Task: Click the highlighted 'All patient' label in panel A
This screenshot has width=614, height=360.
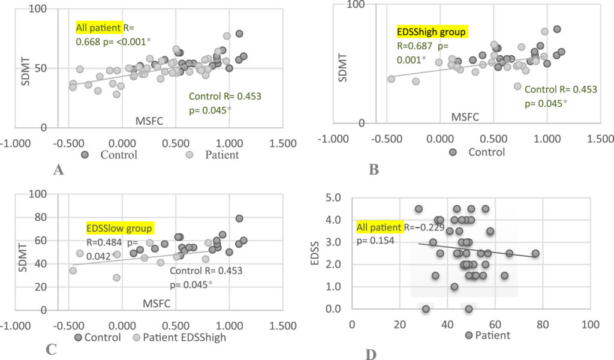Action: coord(99,28)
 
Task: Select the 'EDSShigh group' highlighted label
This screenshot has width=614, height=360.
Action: coord(431,32)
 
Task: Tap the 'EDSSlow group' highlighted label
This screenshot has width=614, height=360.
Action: coord(119,228)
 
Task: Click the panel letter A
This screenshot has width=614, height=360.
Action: coord(58,170)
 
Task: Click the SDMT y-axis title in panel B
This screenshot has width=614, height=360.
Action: coord(342,68)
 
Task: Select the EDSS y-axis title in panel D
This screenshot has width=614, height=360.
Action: coord(314,253)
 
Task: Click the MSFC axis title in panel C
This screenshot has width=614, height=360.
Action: coord(156,303)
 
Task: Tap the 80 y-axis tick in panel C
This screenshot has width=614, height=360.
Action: coord(39,217)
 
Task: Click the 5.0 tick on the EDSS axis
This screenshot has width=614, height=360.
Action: coord(333,197)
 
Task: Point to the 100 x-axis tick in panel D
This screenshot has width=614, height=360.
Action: coord(590,325)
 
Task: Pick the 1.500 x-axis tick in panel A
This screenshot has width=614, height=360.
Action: coord(283,143)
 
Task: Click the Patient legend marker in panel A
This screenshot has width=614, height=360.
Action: coord(189,155)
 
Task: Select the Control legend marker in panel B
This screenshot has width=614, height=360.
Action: coord(453,152)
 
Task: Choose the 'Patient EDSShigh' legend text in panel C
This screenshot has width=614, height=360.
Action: coord(185,337)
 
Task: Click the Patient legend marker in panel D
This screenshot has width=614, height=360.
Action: coord(469,335)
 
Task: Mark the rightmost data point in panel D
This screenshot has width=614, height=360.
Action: coord(535,253)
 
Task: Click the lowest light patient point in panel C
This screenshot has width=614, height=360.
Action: coord(116,278)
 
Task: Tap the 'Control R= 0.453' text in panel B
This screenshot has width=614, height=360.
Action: coord(561,89)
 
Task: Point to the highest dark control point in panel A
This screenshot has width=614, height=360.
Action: coord(239,34)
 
